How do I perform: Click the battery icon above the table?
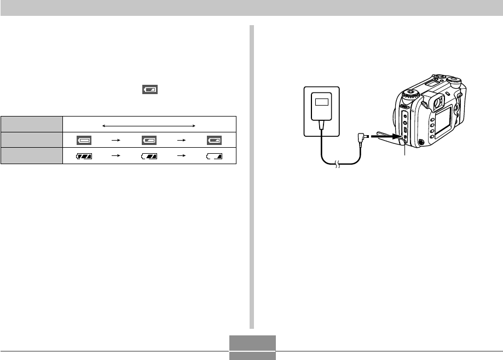pos(149,89)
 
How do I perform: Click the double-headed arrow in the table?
pos(149,125)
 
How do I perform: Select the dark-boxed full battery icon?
pos(84,140)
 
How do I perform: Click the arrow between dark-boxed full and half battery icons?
pos(117,140)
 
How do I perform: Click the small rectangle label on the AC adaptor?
pos(321,102)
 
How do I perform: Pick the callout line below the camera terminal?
pos(404,154)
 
